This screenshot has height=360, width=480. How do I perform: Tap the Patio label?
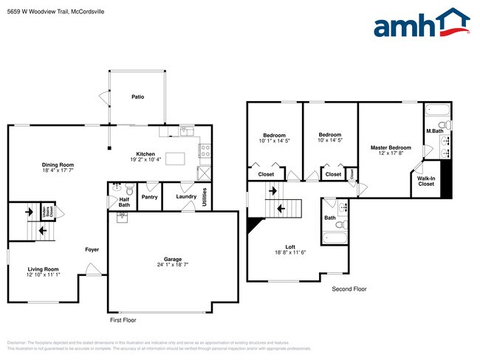point(137,97)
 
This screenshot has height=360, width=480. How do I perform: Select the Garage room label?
point(173,260)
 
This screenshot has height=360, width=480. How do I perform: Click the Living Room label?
point(43,269)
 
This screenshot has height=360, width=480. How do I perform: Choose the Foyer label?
point(92,249)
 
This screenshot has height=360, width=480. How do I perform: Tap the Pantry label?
point(150,197)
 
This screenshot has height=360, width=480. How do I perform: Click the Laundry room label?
point(185,196)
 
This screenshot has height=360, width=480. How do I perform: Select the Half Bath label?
point(124,199)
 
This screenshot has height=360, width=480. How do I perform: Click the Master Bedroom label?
point(391,148)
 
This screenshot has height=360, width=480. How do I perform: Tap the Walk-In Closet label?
point(426,181)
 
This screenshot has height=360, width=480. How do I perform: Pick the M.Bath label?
point(433,131)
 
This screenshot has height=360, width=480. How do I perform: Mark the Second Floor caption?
point(349,289)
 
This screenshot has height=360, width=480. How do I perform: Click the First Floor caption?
point(123,320)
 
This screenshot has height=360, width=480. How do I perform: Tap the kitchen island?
point(174,158)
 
